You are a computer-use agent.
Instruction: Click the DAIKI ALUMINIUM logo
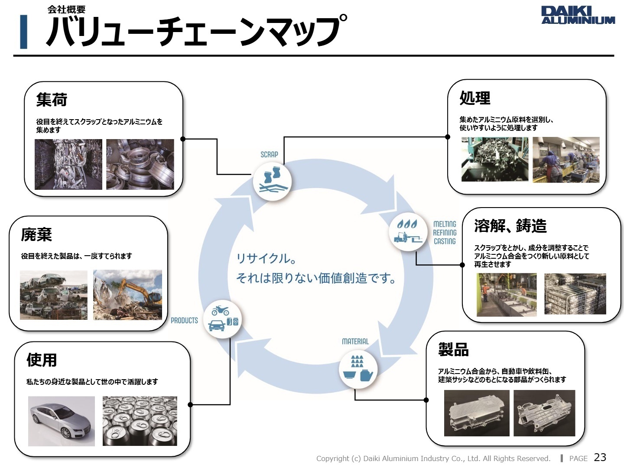[578, 15]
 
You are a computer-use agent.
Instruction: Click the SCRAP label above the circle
[269, 154]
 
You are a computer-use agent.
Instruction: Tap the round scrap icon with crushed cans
[272, 181]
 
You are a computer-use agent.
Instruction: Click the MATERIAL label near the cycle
[355, 341]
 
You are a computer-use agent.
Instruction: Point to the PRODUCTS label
[184, 321]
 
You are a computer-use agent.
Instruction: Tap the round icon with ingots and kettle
[358, 369]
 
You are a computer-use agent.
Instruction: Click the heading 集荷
[52, 100]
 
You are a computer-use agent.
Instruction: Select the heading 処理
[475, 98]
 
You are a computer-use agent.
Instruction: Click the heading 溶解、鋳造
[510, 226]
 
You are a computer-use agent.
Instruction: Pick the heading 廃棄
[36, 234]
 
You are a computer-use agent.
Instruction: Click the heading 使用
[42, 360]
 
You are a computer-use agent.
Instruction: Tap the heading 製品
[453, 349]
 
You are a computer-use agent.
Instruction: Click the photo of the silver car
[61, 421]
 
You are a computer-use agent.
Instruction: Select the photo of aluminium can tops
[140, 421]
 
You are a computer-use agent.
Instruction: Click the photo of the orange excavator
[127, 295]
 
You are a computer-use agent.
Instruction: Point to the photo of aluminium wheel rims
[140, 164]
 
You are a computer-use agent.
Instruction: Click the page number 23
[600, 458]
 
